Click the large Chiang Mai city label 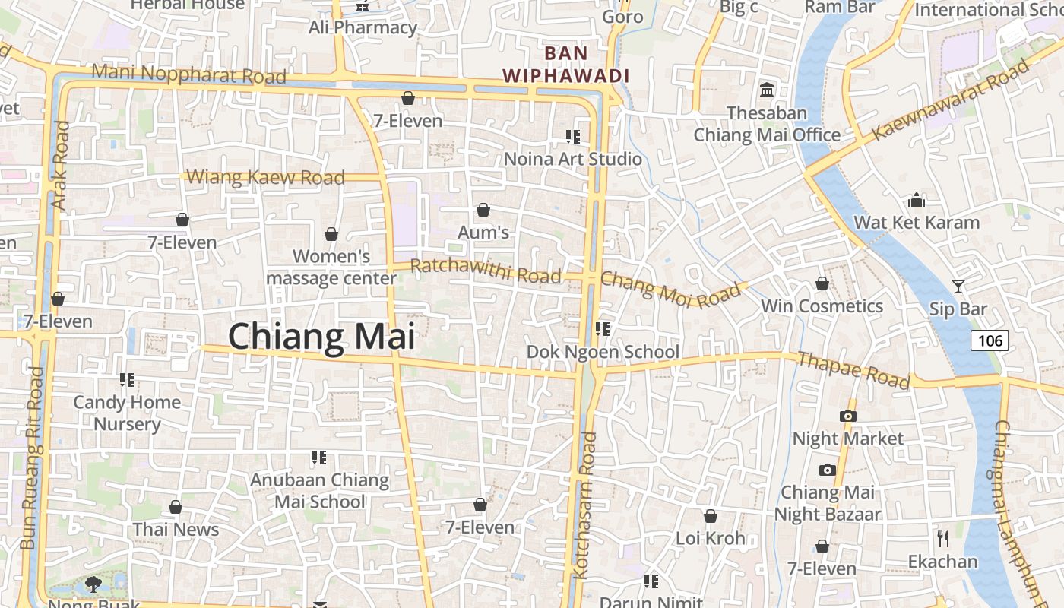click(x=321, y=337)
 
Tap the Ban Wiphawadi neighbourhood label click(x=566, y=65)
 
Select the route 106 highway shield click(x=990, y=340)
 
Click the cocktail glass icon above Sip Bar click(x=958, y=287)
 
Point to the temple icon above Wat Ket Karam click(x=917, y=200)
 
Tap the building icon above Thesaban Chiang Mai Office click(x=766, y=90)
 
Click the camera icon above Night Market click(x=847, y=416)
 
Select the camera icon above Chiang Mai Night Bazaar click(x=827, y=470)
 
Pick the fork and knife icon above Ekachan click(x=943, y=539)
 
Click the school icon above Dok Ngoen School click(x=603, y=329)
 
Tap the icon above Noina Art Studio click(x=572, y=137)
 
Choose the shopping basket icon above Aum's click(x=483, y=210)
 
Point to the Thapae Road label click(x=853, y=370)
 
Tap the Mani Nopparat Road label click(x=188, y=74)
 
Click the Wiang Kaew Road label click(x=265, y=178)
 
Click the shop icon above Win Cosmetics click(x=822, y=283)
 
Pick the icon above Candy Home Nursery click(x=127, y=379)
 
